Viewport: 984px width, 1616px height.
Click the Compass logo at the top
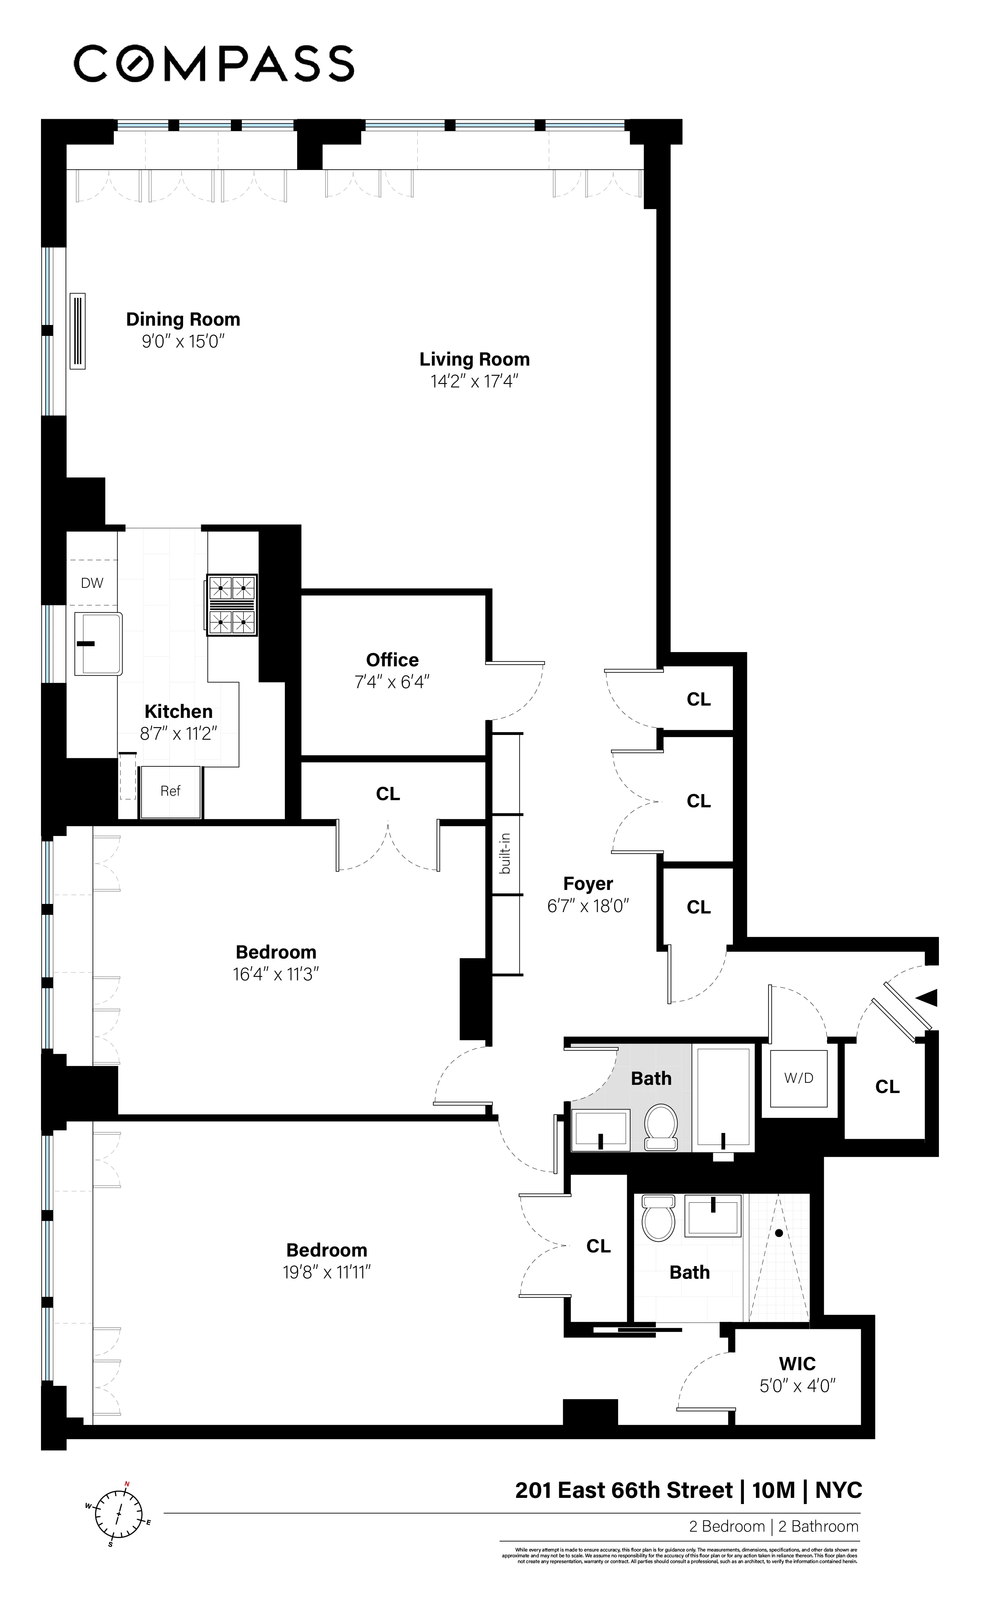214,63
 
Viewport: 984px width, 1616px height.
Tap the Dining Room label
183,320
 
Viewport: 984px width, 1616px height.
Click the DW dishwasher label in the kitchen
92,583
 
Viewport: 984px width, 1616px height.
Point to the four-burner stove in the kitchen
232,605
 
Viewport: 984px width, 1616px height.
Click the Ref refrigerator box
170,791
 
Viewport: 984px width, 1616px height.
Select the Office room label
392,660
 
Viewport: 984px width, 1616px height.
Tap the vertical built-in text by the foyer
505,854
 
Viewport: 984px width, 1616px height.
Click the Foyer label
588,884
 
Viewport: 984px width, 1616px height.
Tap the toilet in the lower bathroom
658,1218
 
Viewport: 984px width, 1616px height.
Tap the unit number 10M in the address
773,1491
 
